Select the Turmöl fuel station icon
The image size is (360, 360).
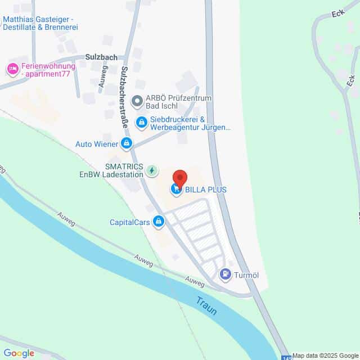point(226,275)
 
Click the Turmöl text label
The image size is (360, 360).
point(246,275)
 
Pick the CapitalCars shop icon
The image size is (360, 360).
point(159,222)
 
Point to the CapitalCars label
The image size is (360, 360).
point(130,222)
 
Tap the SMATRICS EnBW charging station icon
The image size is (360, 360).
point(151,170)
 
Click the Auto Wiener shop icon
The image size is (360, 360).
point(127,144)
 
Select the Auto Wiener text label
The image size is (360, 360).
point(96,144)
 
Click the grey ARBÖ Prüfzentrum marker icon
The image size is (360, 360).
point(136,102)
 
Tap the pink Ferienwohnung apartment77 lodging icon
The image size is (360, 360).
point(12,69)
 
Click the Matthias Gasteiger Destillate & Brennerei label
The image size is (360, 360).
point(42,23)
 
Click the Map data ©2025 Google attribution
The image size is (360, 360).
point(325,355)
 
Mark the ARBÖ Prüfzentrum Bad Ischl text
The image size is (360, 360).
point(178,102)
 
